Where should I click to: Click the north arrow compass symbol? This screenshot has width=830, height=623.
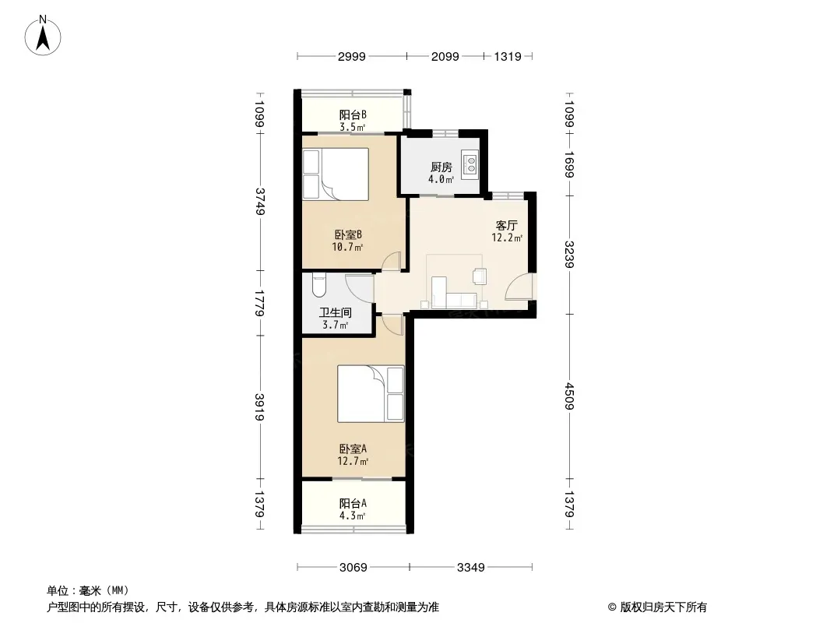[43, 36]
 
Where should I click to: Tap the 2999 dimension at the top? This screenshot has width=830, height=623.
[351, 57]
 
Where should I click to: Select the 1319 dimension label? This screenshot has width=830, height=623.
[508, 57]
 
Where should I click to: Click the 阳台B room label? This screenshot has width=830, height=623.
[353, 114]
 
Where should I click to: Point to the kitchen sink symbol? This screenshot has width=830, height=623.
[470, 163]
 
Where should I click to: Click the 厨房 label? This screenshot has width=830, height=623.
[441, 167]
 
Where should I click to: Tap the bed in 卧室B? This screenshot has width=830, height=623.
[335, 174]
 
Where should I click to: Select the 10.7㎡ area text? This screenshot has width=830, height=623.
[347, 247]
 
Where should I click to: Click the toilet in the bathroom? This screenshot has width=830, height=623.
[318, 285]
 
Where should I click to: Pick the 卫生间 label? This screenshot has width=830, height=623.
[335, 313]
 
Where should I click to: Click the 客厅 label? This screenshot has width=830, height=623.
[506, 226]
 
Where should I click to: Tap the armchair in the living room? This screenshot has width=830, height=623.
[480, 276]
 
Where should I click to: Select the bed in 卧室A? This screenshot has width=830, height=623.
[371, 394]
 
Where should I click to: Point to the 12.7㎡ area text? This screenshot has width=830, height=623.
[353, 461]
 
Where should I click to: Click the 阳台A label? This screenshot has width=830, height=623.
[353, 503]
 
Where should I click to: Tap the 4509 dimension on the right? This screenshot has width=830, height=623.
[568, 396]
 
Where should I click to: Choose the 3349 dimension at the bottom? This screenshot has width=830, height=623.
[470, 568]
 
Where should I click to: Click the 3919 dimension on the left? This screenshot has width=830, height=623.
[259, 407]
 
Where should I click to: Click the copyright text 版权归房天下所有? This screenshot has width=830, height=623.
[663, 607]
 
